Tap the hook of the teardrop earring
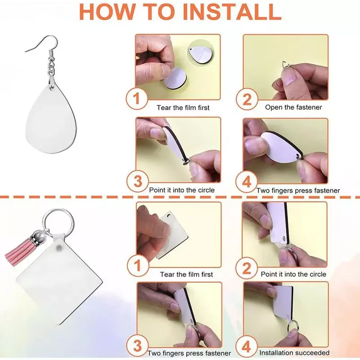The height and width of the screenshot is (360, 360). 44,44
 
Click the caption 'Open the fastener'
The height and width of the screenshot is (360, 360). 293,107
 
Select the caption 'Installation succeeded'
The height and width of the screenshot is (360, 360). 294,352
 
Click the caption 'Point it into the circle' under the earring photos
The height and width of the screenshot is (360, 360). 182,190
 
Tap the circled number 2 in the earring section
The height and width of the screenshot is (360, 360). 247,99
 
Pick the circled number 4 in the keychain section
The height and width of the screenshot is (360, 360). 246,346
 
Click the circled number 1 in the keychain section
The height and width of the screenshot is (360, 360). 138,265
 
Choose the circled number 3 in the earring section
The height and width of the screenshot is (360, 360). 138,181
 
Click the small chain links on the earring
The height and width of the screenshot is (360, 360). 52,67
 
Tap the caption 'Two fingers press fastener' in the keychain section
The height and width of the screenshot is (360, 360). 189,353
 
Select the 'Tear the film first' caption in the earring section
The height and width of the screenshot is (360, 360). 183,108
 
